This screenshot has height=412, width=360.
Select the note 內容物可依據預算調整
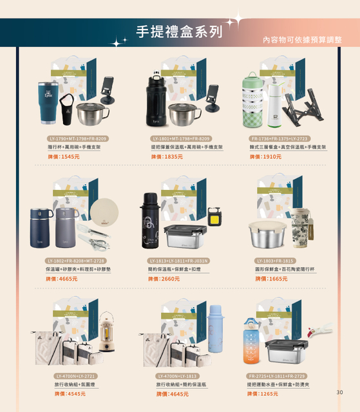(x=302, y=40)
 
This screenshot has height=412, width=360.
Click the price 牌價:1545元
(x=63, y=156)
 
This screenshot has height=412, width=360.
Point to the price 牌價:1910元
(x=265, y=156)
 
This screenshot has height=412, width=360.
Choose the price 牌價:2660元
(x=164, y=279)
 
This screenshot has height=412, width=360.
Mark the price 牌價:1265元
(x=263, y=393)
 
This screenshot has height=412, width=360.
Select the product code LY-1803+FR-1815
(x=275, y=260)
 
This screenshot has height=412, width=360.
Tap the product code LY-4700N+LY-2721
(x=76, y=375)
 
